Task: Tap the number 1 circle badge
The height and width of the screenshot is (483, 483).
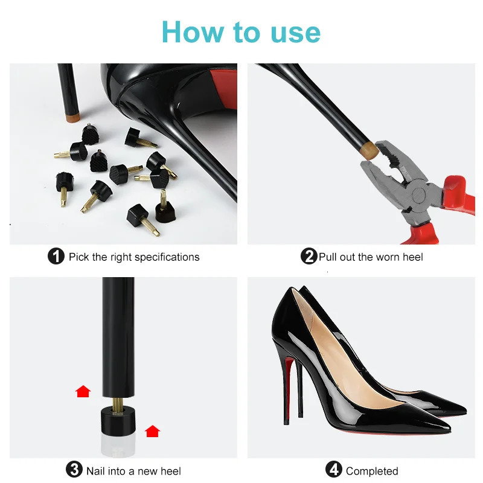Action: (x=56, y=257)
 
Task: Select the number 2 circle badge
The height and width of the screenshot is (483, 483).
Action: (x=309, y=257)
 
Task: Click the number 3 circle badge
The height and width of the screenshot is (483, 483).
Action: (x=74, y=470)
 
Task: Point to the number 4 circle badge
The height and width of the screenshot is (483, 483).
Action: (x=334, y=470)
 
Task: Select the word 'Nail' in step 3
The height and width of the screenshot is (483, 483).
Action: (x=97, y=471)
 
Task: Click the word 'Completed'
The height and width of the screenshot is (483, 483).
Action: (x=372, y=471)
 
